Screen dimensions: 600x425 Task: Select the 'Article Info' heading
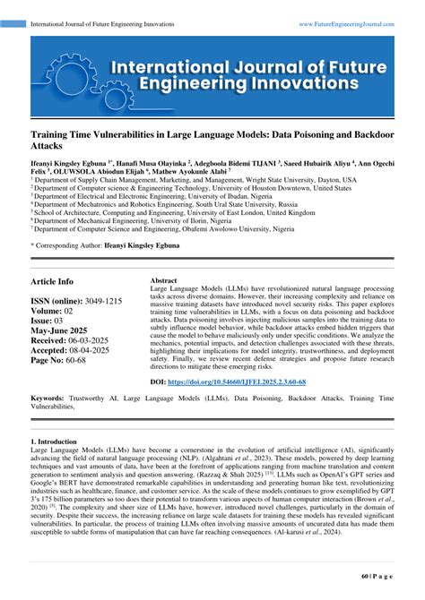coord(53,280)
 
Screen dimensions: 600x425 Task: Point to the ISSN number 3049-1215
coord(103,303)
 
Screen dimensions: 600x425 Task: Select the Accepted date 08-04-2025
coord(97,353)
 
